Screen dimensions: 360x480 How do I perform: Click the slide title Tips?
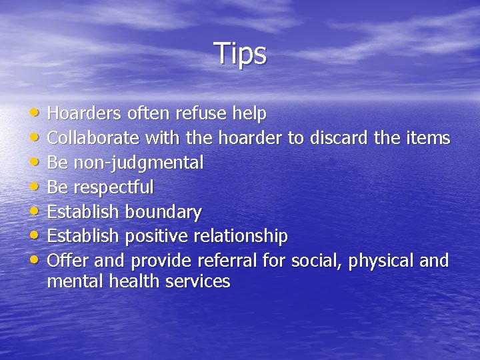[240, 53]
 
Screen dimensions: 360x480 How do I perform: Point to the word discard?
[340, 139]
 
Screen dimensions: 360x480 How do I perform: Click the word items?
[429, 139]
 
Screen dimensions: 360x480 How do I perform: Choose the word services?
[199, 282]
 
